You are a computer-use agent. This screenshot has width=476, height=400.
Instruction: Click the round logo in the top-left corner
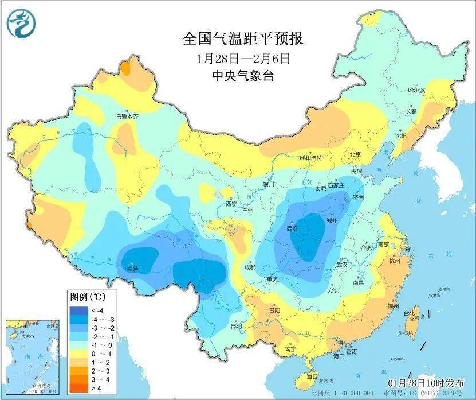click(x=21, y=23)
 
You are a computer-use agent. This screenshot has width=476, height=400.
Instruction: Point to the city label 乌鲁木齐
click(x=128, y=116)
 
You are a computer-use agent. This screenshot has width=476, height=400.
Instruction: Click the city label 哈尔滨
click(x=416, y=91)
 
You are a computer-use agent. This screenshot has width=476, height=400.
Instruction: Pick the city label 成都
click(x=250, y=267)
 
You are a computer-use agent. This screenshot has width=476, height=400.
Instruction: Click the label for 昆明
click(x=236, y=325)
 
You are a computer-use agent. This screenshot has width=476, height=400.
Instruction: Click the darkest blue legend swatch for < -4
click(x=76, y=310)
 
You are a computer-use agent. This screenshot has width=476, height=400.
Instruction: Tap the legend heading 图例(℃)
click(x=86, y=297)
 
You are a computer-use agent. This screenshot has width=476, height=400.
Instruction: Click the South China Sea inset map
click(x=32, y=356)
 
